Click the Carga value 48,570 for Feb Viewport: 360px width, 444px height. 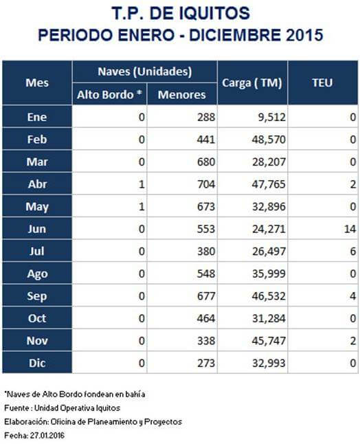click(x=269, y=140)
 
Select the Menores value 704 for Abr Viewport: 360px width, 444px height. click(x=206, y=184)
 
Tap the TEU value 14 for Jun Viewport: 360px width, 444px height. click(x=350, y=229)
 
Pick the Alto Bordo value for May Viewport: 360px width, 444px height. click(x=142, y=207)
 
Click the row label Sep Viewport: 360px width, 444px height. click(x=37, y=296)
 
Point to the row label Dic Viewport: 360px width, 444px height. click(x=37, y=363)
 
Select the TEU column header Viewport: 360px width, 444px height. click(x=322, y=82)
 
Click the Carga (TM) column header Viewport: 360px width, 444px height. click(x=252, y=83)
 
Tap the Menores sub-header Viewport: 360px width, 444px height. click(x=181, y=95)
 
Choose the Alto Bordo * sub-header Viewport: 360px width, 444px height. click(x=109, y=95)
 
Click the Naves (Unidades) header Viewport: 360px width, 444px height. click(x=145, y=71)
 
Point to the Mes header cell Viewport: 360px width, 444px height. click(x=37, y=82)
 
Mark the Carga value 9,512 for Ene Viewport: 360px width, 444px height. click(x=271, y=118)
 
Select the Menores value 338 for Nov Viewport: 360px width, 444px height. click(x=206, y=341)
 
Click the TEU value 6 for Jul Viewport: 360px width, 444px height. click(x=353, y=251)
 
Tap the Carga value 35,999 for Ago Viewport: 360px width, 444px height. click(x=269, y=274)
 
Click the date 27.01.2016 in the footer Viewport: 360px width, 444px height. click(x=47, y=436)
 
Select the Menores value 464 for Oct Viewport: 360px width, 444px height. click(x=206, y=318)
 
